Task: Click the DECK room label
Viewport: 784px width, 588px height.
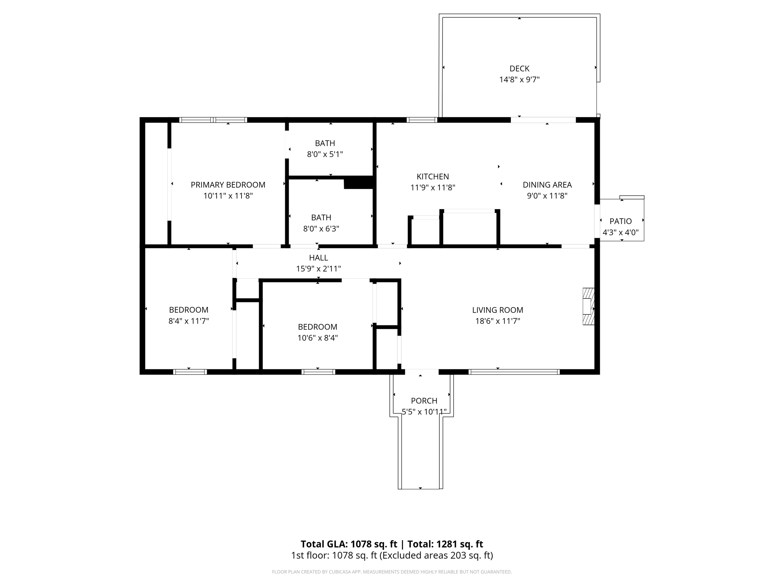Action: [519, 69]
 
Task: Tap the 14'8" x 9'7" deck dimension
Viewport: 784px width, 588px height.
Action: [519, 80]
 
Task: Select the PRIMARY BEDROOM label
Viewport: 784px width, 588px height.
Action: [228, 185]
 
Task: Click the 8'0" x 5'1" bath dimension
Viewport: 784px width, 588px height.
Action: [325, 154]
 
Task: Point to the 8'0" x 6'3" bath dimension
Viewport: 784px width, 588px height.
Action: [321, 229]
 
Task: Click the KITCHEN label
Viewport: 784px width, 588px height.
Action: [433, 176]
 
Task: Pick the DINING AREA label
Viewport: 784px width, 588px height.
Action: [547, 185]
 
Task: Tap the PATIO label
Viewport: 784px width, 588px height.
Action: [621, 221]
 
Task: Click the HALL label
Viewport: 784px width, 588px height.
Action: [318, 258]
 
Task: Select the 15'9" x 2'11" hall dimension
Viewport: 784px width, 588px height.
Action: [318, 269]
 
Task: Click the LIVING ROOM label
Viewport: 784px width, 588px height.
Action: [497, 310]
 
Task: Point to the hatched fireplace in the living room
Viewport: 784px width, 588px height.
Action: [588, 306]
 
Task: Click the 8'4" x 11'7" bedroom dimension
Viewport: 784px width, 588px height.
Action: [189, 321]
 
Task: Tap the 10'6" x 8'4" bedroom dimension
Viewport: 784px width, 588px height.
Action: [317, 338]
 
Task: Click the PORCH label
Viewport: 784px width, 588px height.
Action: [424, 401]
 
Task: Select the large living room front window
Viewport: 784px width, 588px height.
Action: [514, 372]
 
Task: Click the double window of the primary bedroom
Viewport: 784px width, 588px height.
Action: [213, 120]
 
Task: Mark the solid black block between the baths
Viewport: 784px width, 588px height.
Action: [358, 183]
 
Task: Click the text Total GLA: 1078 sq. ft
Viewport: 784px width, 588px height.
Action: [349, 544]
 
